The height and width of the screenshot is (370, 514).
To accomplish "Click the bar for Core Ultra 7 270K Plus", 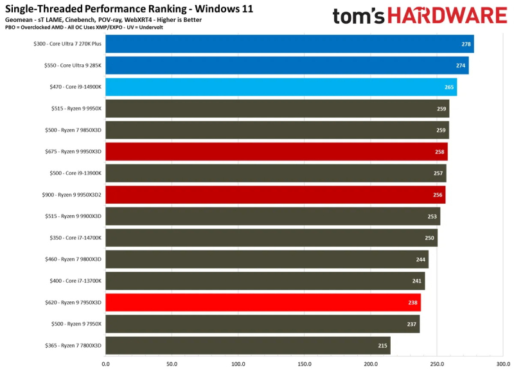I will (289, 44).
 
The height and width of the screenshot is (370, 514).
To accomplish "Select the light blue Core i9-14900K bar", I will (281, 87).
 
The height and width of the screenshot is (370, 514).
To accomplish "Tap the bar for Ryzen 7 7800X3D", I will (247, 346).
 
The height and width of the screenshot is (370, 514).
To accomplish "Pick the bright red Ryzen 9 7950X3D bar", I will (263, 302).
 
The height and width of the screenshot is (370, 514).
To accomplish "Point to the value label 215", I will (382, 346).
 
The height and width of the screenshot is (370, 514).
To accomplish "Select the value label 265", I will (450, 87).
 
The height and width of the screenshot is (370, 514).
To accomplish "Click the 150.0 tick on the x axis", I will (305, 363).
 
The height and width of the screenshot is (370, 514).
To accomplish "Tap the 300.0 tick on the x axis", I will (503, 363).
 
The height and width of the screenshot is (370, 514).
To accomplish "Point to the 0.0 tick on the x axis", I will (105, 363).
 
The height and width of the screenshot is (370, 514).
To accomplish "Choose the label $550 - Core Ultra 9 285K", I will (71, 65).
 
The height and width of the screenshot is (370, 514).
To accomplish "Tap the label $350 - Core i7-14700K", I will (75, 238).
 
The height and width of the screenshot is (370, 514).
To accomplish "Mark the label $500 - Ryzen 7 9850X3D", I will (75, 130).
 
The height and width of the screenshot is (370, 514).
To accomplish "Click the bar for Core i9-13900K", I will (276, 173).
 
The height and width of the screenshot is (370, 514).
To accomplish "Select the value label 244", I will (420, 260).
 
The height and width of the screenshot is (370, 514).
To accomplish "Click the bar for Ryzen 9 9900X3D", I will (272, 216).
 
